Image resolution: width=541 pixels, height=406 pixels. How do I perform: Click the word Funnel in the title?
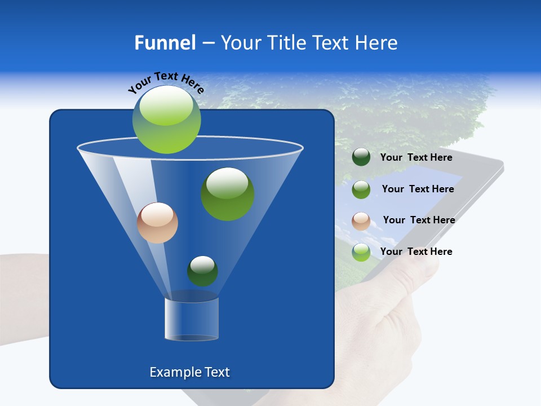(165, 43)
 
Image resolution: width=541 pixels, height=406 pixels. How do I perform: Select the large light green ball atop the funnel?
(166, 119)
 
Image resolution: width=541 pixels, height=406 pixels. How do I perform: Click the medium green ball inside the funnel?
(228, 194)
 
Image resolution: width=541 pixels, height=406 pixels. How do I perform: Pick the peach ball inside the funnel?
(157, 223)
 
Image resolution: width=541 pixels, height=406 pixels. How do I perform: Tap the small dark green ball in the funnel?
(202, 271)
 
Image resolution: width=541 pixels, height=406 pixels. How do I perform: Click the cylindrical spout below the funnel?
(192, 319)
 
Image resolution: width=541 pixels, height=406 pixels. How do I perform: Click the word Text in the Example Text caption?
(216, 372)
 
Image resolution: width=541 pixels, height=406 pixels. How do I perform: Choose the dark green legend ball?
(361, 157)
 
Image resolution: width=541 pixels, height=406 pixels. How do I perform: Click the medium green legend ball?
(361, 189)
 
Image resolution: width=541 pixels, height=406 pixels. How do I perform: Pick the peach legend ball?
(361, 221)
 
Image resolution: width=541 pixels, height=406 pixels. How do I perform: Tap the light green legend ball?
(361, 252)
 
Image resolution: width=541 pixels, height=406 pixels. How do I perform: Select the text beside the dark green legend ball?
(416, 157)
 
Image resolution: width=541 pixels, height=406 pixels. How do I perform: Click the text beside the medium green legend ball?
(418, 189)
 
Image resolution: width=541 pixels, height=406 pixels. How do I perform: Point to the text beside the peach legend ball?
(419, 220)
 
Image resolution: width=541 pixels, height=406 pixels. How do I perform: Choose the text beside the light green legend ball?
(416, 251)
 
